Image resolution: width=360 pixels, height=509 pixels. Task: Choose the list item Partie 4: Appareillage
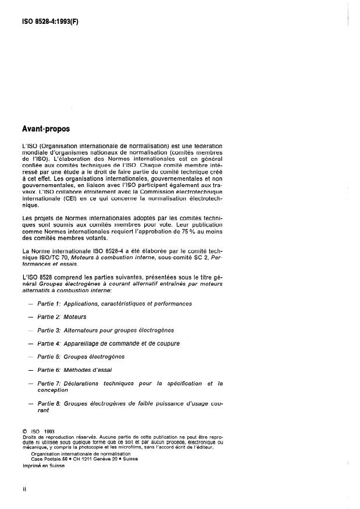pyautogui.click(x=108, y=343)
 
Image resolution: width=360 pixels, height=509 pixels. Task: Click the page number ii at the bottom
pyautogui.click(x=25, y=489)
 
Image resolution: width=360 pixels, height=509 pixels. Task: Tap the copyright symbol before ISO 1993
pyautogui.click(x=24, y=431)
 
